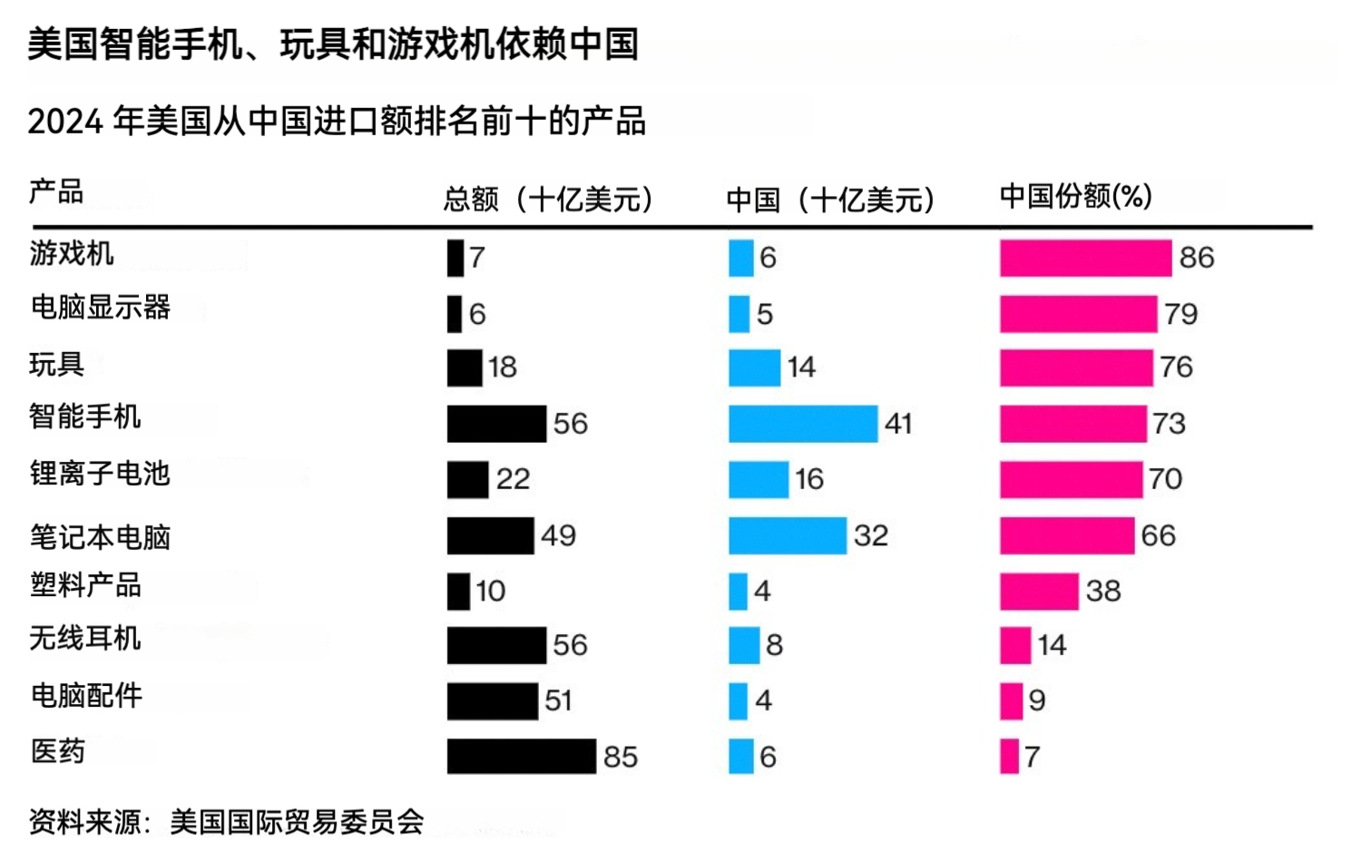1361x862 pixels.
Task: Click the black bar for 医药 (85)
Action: click(521, 757)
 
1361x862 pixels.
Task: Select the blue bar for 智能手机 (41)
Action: click(803, 424)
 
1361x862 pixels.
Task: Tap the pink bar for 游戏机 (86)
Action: click(1085, 258)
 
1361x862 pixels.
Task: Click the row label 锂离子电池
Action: click(100, 474)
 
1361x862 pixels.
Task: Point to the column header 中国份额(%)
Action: click(1075, 196)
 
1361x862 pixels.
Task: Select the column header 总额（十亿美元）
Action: click(549, 199)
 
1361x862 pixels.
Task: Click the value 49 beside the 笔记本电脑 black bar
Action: click(558, 535)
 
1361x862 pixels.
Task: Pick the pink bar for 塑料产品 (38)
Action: click(1039, 591)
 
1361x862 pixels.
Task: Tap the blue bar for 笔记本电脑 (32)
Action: click(787, 535)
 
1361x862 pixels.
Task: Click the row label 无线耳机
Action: click(85, 639)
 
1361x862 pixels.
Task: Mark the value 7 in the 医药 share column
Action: click(1032, 757)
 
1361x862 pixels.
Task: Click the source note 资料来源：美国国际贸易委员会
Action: click(227, 822)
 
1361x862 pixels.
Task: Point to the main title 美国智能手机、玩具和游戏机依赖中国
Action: click(333, 44)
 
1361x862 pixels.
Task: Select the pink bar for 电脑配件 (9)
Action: click(1011, 701)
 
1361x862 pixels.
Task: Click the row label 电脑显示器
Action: click(101, 308)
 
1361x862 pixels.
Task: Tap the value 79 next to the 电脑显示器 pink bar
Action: click(1181, 314)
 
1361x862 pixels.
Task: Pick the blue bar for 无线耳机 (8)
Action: click(744, 645)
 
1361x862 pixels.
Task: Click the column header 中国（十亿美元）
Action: click(830, 200)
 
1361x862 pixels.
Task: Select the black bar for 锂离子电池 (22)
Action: click(467, 480)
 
